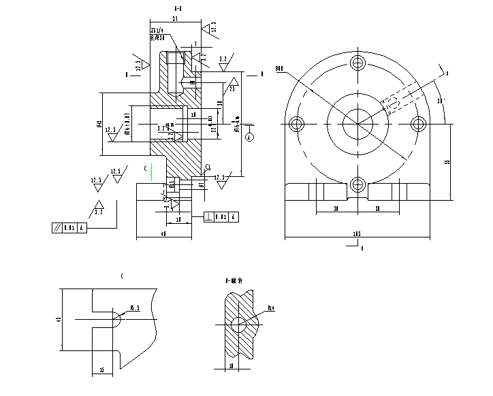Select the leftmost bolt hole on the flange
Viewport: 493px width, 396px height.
[x=296, y=125]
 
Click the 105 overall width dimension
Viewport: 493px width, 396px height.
[x=356, y=233]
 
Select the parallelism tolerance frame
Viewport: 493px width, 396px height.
[x=70, y=228]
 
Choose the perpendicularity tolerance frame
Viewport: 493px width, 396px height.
[x=222, y=218]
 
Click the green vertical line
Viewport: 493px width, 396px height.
[x=152, y=172]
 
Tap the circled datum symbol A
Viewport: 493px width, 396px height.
[x=250, y=136]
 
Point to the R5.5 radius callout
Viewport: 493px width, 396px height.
[x=135, y=308]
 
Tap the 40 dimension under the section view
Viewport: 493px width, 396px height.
[x=163, y=234]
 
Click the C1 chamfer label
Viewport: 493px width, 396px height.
[x=208, y=165]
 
